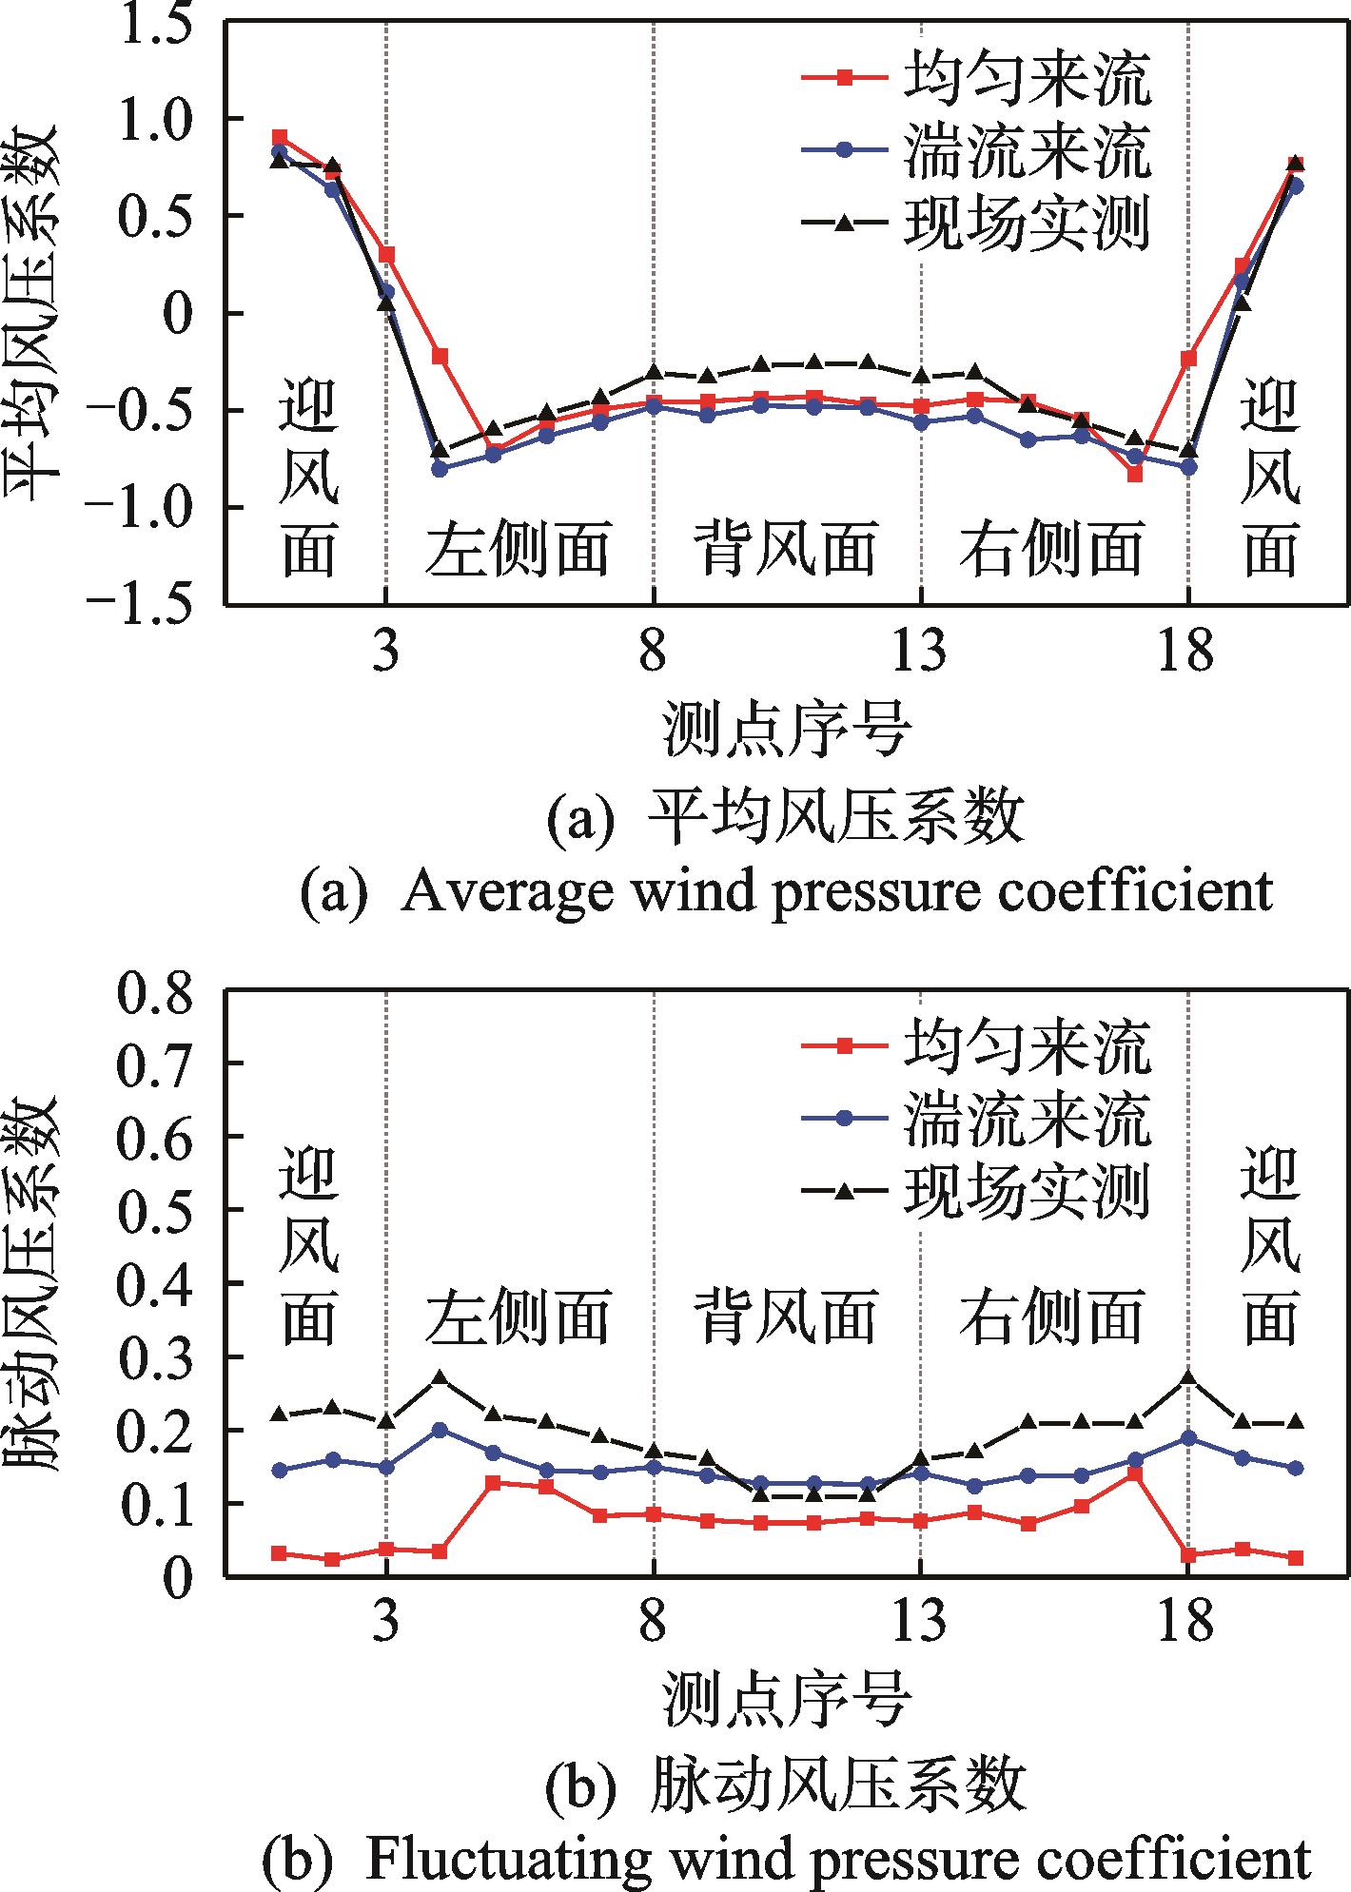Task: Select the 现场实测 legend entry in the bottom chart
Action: (1026, 1188)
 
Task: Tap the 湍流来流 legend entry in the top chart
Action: (1026, 152)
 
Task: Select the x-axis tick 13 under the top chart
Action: (921, 653)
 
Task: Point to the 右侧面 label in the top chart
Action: (1051, 549)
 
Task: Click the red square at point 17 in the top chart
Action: (1134, 474)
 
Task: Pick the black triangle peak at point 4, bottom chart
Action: (440, 1376)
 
